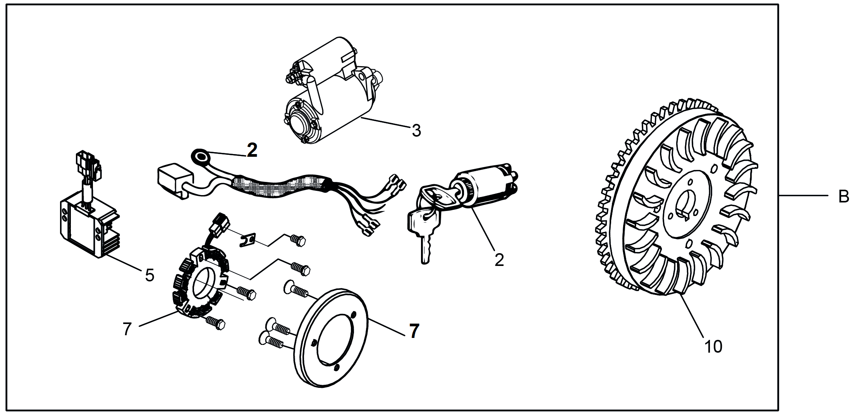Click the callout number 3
tap(416, 131)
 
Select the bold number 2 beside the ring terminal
tap(252, 151)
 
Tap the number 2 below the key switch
tap(499, 260)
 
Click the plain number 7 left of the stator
tap(127, 329)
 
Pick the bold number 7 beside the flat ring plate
tap(414, 331)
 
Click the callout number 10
tap(713, 346)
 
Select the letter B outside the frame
tap(844, 197)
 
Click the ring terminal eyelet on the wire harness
tap(201, 157)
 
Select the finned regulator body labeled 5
tap(85, 228)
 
